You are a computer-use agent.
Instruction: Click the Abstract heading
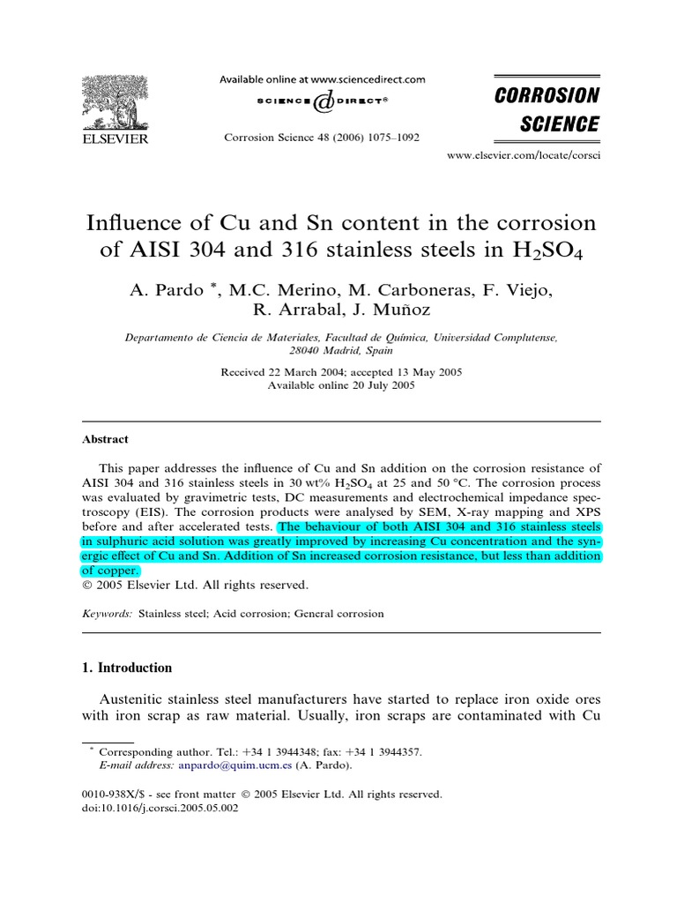point(105,439)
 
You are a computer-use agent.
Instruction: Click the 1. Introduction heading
point(127,668)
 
